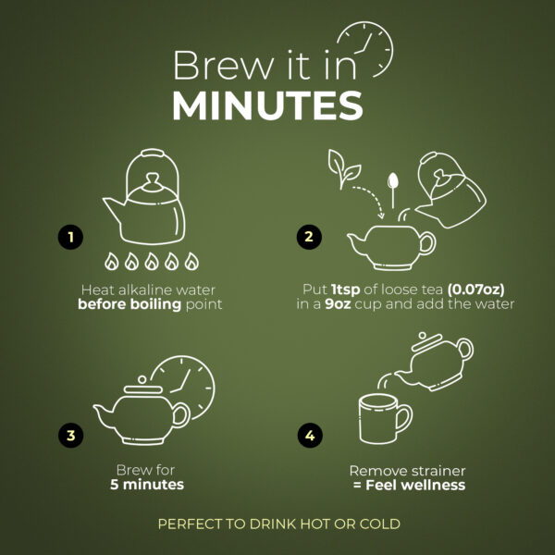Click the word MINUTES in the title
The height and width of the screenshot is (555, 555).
point(267,105)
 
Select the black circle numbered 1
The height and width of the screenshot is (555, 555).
point(71,237)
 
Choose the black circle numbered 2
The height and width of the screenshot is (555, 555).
point(309,237)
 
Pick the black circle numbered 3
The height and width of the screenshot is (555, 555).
point(71,435)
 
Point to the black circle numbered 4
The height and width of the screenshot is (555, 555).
point(310,435)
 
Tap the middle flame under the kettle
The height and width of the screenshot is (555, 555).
point(152,261)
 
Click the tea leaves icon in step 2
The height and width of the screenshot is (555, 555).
point(343,168)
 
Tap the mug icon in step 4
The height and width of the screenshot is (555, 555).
point(385,419)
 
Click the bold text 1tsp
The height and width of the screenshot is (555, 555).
point(346,290)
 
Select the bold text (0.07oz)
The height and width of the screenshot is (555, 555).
point(475,290)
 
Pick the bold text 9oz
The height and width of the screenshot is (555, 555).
point(338,304)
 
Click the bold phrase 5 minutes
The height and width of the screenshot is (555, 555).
point(147,484)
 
